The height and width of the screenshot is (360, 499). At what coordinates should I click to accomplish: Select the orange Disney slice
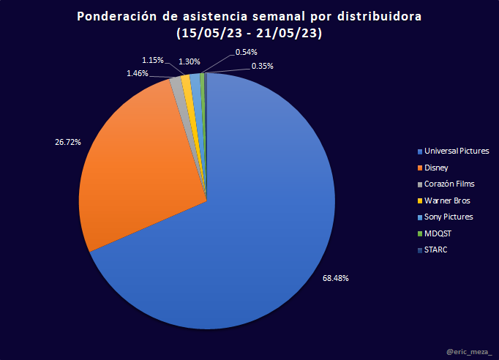point(139,161)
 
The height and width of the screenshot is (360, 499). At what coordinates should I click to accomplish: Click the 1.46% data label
point(137,74)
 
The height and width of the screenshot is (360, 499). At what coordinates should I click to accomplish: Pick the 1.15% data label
point(152,60)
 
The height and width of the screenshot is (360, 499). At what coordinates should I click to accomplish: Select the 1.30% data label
point(189,62)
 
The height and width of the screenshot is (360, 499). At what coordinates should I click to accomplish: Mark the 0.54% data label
point(246,53)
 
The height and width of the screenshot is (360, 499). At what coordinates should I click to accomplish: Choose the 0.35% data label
point(262,66)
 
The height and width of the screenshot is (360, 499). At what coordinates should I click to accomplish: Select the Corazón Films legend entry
point(449,184)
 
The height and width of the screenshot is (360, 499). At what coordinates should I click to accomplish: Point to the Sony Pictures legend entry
point(448,217)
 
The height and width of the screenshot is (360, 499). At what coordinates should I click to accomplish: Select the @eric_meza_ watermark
point(469,353)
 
